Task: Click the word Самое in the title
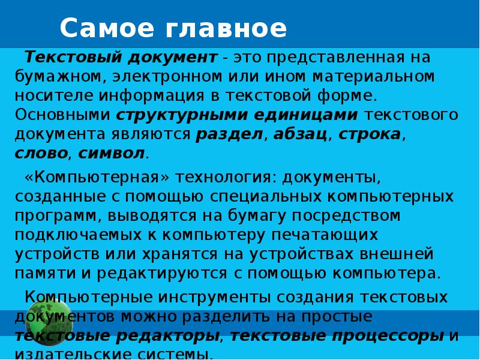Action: (x=107, y=28)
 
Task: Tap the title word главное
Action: (x=226, y=28)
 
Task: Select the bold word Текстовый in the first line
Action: (x=73, y=57)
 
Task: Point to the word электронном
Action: (x=167, y=77)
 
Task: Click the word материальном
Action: (x=373, y=77)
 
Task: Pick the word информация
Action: (x=151, y=95)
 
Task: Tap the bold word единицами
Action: (x=306, y=115)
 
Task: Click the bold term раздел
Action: (x=229, y=134)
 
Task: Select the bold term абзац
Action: (x=299, y=134)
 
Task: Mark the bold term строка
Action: (x=370, y=134)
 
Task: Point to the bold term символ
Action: (x=111, y=154)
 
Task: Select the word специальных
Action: (x=265, y=197)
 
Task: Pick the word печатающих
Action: (x=325, y=235)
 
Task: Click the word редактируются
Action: (x=162, y=274)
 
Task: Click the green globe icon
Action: (x=49, y=319)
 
